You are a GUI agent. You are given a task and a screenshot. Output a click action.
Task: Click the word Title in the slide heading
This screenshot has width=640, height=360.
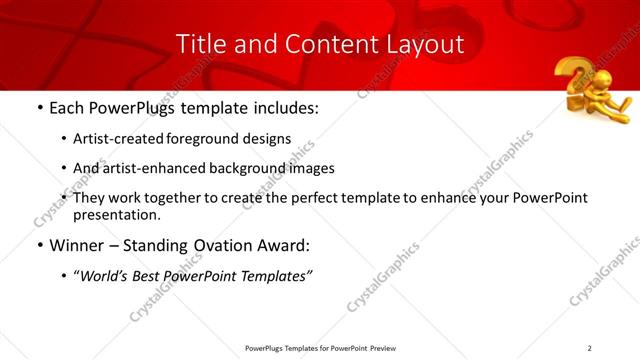(x=199, y=44)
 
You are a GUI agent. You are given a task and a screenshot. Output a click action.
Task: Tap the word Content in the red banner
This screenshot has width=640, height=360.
(x=299, y=44)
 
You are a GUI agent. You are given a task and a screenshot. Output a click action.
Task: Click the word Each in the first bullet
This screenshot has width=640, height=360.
(x=68, y=107)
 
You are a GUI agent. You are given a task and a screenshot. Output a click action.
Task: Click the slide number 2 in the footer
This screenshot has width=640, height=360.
(x=589, y=348)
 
